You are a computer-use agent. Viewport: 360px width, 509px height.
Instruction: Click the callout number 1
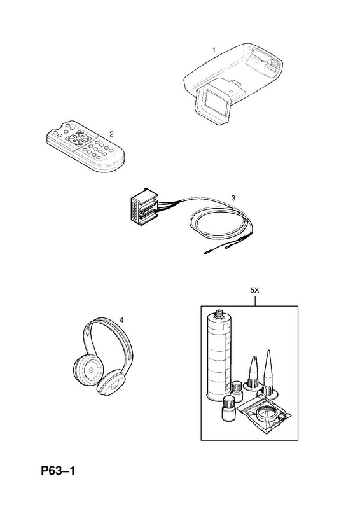[x=214, y=50]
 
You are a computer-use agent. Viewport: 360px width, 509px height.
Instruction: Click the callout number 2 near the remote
[x=111, y=134]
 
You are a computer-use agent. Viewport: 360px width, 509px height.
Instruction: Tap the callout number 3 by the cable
[x=233, y=198]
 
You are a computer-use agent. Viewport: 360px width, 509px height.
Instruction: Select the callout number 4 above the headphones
[x=121, y=321]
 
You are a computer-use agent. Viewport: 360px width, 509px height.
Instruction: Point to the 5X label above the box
[x=255, y=291]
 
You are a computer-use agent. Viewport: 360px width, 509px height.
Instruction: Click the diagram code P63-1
[x=58, y=471]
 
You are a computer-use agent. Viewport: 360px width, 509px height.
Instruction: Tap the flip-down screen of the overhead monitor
[x=212, y=101]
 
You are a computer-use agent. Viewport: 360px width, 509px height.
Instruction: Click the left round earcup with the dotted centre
[x=87, y=370]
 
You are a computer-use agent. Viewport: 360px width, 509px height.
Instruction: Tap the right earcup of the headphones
[x=111, y=384]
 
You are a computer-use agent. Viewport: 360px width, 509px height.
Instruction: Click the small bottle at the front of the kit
[x=228, y=409]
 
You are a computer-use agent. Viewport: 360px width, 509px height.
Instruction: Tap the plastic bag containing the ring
[x=264, y=417]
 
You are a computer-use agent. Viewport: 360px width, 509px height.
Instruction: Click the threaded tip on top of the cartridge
[x=218, y=313]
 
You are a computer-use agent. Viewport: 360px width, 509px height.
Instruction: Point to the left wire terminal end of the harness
[x=208, y=252]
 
